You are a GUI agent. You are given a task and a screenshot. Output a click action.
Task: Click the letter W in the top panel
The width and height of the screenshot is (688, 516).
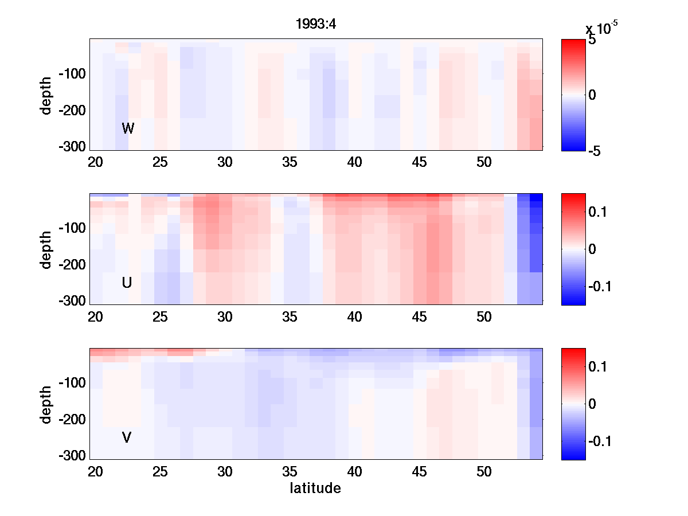click(x=128, y=128)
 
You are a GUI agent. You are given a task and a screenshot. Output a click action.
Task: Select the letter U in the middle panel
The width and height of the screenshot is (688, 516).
click(x=127, y=283)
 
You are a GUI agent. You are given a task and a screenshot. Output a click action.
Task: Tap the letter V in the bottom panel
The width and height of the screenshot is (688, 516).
click(x=127, y=438)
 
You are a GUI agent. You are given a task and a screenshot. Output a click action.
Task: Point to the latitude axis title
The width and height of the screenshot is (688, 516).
click(x=315, y=488)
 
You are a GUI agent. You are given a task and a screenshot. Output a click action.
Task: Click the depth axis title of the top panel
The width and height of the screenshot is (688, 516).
click(x=46, y=95)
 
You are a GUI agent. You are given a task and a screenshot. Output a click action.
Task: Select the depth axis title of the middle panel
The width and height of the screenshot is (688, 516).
click(x=46, y=249)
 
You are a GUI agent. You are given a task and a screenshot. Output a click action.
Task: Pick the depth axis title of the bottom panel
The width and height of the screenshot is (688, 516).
click(x=46, y=404)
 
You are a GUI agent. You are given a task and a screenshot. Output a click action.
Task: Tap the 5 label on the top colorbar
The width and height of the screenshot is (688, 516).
click(x=592, y=41)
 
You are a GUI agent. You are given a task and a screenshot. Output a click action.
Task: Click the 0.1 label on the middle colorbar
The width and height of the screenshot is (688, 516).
click(x=600, y=212)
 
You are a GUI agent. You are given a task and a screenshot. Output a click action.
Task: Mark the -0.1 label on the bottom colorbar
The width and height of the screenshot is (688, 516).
click(x=602, y=441)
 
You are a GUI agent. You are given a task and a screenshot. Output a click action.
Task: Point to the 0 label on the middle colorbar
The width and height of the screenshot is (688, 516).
click(x=592, y=249)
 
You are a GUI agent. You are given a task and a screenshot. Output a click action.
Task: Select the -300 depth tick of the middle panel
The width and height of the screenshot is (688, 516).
click(x=72, y=301)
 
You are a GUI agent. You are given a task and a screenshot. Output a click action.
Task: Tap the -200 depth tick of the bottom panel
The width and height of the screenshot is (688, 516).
click(x=72, y=420)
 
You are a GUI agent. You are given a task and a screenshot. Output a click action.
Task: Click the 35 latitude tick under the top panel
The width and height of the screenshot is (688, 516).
click(x=290, y=162)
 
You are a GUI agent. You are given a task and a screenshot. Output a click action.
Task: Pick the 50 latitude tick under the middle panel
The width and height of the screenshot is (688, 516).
click(x=484, y=317)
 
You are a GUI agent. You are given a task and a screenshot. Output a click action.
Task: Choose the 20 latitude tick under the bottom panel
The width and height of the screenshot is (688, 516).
click(x=95, y=472)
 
